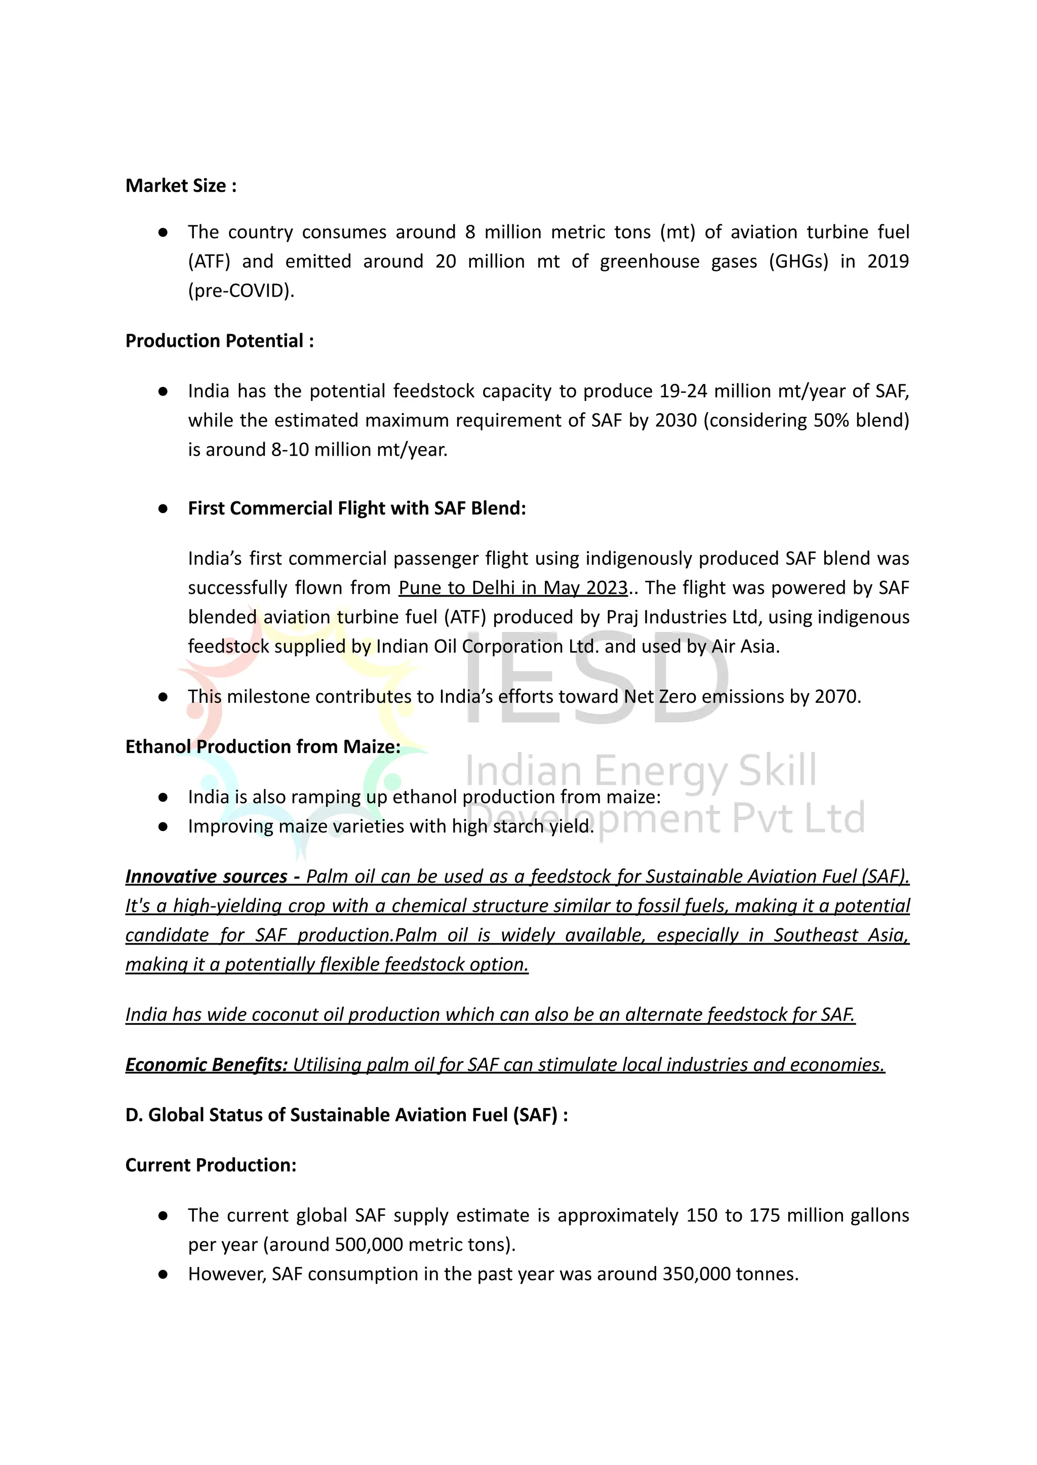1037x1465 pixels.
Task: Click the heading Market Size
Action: click(x=181, y=186)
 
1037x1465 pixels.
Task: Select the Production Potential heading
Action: click(x=219, y=341)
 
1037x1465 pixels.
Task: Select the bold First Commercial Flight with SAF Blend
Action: click(x=356, y=508)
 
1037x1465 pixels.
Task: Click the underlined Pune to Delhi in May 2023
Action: click(x=513, y=587)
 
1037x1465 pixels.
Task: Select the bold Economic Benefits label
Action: click(x=206, y=1064)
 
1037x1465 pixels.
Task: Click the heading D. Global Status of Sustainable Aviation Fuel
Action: click(x=346, y=1115)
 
